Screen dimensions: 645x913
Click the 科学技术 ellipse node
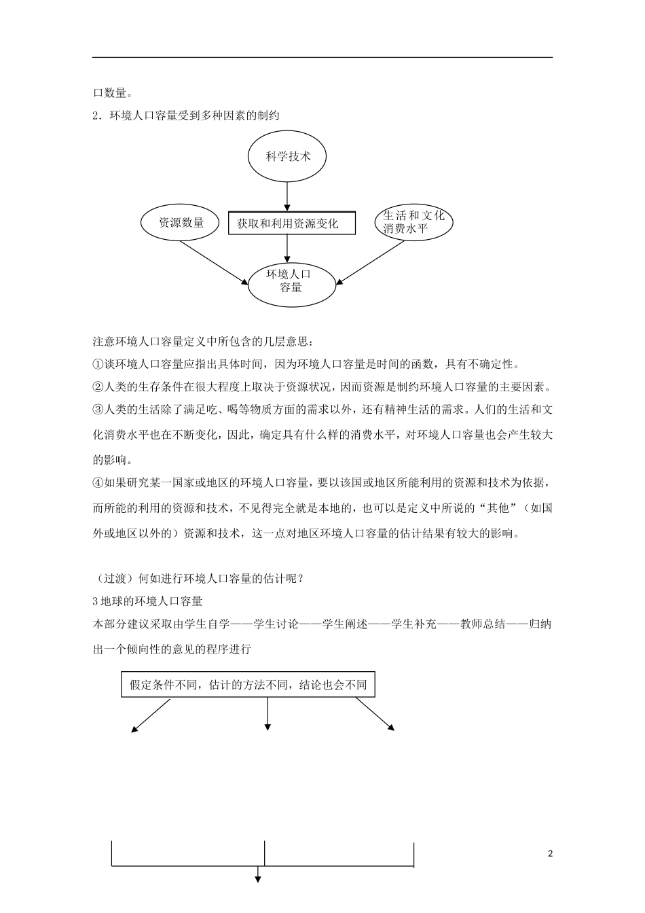point(288,156)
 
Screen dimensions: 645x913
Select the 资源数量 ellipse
point(181,222)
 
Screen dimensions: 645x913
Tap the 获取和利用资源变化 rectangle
point(292,223)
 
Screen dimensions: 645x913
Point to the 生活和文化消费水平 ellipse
point(413,222)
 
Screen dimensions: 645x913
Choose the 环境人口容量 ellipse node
point(291,282)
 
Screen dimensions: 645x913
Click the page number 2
point(550,853)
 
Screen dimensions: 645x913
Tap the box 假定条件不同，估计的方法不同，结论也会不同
point(248,685)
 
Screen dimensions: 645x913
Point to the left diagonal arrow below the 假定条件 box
point(150,716)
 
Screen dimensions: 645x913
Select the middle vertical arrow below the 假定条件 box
point(268,715)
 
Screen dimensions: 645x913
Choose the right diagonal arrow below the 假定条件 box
point(375,715)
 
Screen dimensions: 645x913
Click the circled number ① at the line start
point(98,364)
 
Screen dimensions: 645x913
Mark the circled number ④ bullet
point(98,483)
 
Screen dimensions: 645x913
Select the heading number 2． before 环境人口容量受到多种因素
point(97,116)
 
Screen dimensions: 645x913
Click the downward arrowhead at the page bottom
point(258,880)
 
